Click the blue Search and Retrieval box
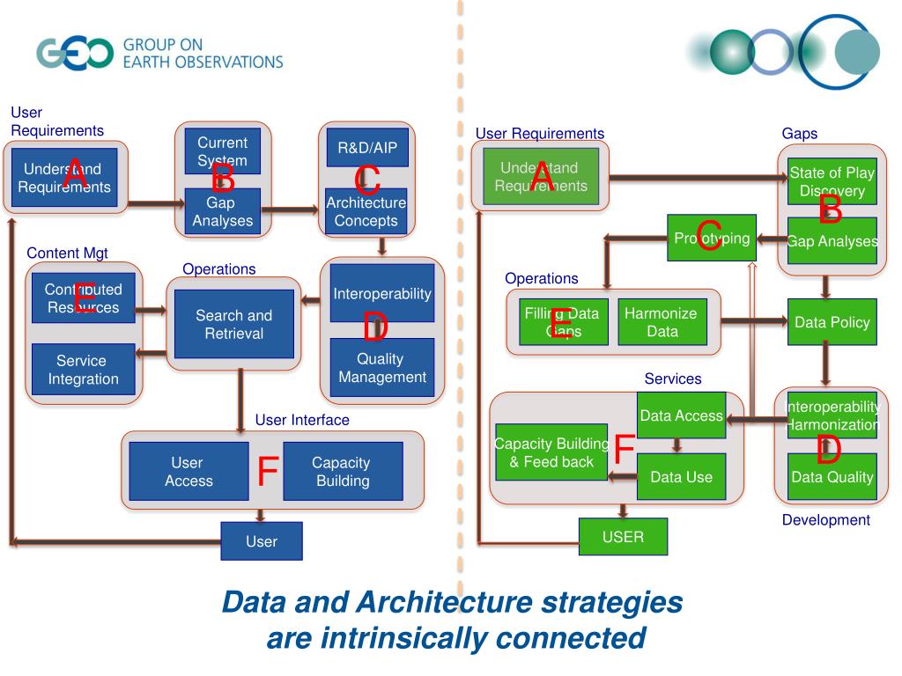coord(233,324)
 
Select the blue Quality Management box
coord(382,369)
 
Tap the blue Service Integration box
coord(83,370)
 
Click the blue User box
coord(261,541)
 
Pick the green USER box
coord(623,536)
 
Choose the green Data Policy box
coord(832,322)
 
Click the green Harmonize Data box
coord(662,322)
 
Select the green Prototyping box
coord(712,238)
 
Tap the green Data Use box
coord(681,477)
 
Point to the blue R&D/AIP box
coord(367,148)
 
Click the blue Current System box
coord(222,151)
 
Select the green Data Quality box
coord(832,477)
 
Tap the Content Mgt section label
coord(67,253)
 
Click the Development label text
coord(825,520)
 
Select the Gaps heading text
coord(799,134)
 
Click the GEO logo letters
coord(75,53)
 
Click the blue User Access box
coord(189,472)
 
